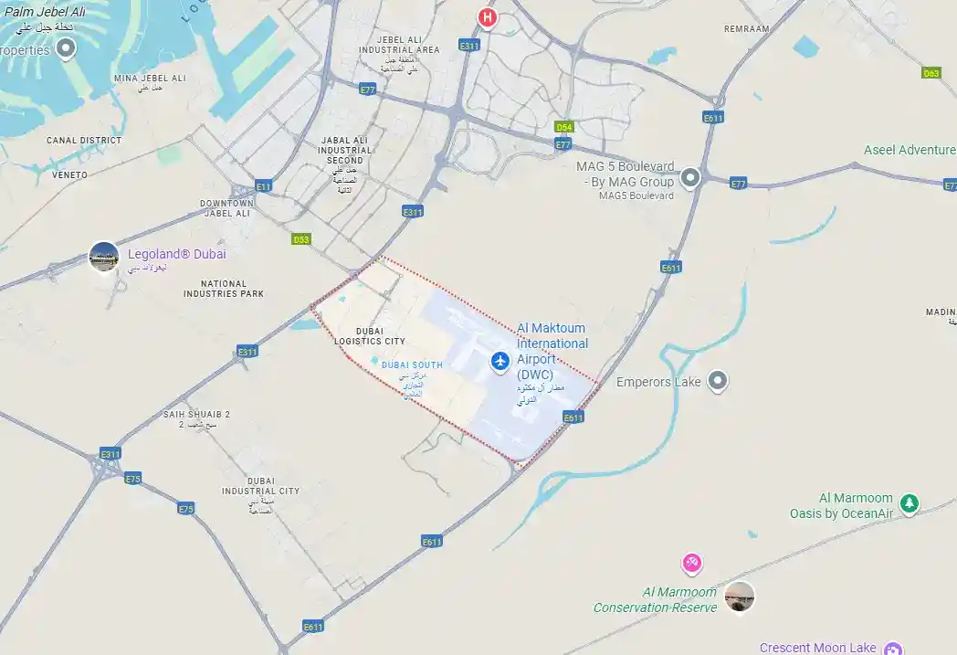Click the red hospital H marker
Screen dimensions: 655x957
[x=489, y=16]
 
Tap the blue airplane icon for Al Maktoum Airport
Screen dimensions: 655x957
[x=500, y=362]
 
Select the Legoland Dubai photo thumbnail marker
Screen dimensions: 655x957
[x=104, y=257]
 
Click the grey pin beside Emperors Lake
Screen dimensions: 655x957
[x=719, y=380]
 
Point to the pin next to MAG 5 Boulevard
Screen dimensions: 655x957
[x=690, y=176]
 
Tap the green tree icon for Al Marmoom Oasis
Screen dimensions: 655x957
[x=909, y=502]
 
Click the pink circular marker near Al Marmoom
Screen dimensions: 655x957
[x=692, y=562]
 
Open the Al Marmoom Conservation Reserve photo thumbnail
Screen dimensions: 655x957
[x=740, y=597]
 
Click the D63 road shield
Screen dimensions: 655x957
[x=931, y=73]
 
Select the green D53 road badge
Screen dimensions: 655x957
[x=301, y=239]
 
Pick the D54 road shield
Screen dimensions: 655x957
[x=564, y=127]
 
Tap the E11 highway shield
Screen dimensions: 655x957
[x=263, y=186]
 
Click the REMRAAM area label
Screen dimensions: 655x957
[x=746, y=29]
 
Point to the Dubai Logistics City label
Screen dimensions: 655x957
[x=369, y=335]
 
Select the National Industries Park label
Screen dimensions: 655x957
[x=223, y=289]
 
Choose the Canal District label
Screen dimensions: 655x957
[x=84, y=141]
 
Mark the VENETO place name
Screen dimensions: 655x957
[x=70, y=174]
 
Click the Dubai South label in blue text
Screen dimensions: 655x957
[x=412, y=365]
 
